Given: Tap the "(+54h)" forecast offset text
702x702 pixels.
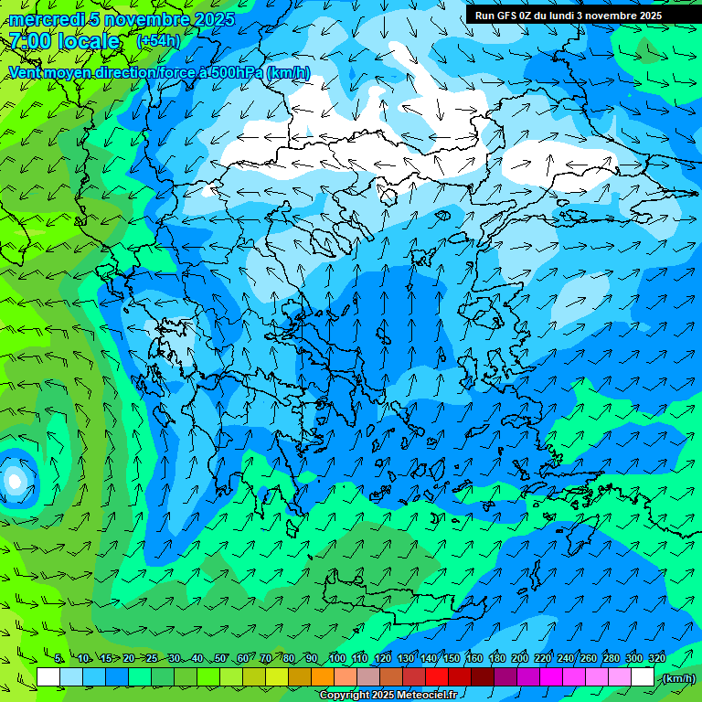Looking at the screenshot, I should point(158,41).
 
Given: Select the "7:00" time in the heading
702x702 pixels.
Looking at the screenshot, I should point(29,41).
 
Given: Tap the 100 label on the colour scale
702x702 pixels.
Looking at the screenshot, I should point(337,659).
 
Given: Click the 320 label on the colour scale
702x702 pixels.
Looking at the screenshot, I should point(656,659).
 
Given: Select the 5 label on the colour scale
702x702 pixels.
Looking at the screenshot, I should point(58,659).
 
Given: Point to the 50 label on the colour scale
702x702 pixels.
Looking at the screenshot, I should point(219,659).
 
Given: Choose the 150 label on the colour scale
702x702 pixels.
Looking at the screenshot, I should point(452,659).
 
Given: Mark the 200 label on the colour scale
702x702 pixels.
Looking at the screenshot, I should point(520,659).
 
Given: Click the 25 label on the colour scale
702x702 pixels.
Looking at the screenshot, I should point(151,659).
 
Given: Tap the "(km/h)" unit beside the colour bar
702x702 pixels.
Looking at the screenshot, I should point(677,678).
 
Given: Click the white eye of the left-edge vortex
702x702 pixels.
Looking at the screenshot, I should point(14,479).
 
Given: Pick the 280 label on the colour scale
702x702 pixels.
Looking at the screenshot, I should point(612,659).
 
